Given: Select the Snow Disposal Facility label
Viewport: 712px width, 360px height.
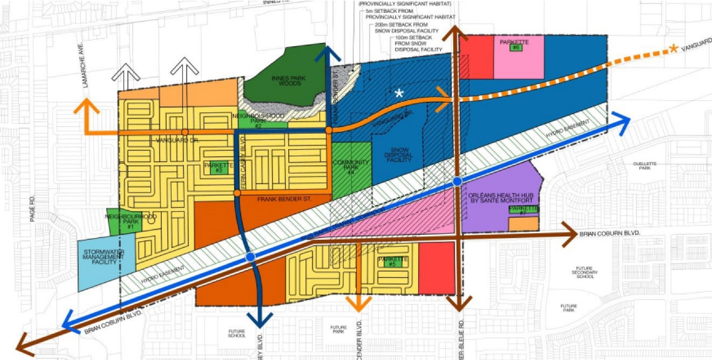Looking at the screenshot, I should tap(400, 155).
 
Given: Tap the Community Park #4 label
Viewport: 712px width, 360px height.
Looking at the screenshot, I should tap(351, 167).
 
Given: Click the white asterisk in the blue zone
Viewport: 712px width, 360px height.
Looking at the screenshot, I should tap(399, 93).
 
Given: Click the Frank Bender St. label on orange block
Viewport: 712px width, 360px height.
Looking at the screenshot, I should tap(284, 199).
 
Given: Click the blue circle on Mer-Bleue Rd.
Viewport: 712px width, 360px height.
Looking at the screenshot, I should tap(457, 181).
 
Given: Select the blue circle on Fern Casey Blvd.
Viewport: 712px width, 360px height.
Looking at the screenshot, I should tap(250, 257).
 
